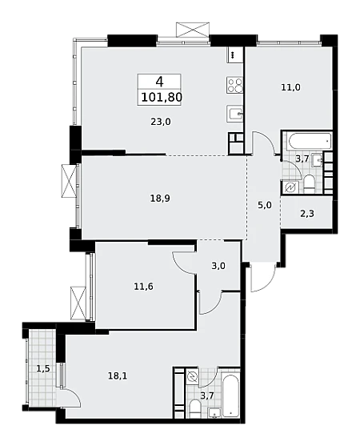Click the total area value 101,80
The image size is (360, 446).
(162, 97)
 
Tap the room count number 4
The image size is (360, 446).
(159, 82)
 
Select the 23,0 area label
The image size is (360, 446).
(161, 122)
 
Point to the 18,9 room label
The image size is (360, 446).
(160, 199)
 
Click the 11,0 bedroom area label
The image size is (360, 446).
(290, 87)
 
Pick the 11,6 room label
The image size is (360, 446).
(143, 287)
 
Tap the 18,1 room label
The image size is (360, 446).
(118, 376)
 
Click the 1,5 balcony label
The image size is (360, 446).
(43, 368)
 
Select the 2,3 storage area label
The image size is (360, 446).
(307, 213)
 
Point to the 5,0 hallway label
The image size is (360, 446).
(265, 205)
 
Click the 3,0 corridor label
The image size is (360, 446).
(218, 266)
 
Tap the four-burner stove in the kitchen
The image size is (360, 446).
(234, 85)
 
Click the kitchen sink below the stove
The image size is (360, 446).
(234, 114)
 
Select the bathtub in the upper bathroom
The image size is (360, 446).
(309, 141)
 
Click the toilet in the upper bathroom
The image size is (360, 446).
(309, 183)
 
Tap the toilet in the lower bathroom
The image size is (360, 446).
(194, 408)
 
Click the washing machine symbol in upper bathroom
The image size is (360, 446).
(291, 187)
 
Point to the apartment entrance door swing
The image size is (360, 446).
(263, 278)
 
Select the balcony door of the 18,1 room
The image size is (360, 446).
(69, 398)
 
